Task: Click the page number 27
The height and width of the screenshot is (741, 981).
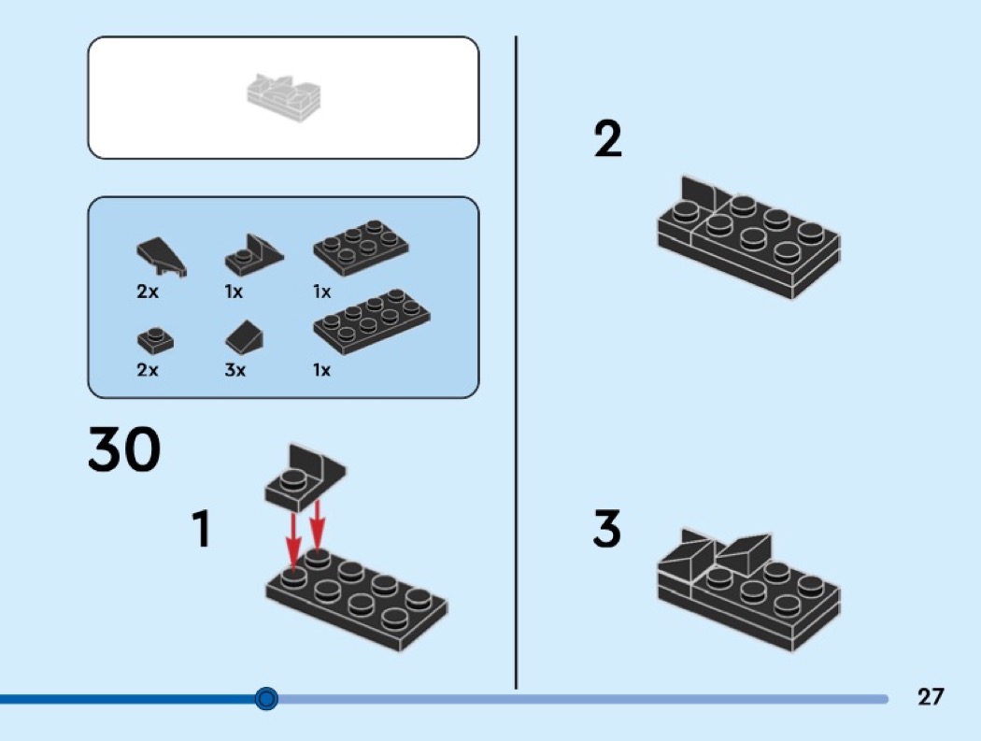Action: click(931, 697)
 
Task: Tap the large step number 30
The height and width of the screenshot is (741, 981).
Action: click(124, 451)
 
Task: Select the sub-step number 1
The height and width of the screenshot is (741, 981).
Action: click(201, 530)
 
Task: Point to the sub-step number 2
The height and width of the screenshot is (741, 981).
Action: click(607, 140)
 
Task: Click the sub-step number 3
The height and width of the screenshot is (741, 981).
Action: click(606, 530)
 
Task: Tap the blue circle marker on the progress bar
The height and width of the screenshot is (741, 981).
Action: click(267, 698)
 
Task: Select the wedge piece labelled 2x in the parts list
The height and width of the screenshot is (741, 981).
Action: click(162, 256)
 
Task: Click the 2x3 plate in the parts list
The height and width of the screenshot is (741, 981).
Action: click(360, 246)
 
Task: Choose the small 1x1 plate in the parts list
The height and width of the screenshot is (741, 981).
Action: click(154, 338)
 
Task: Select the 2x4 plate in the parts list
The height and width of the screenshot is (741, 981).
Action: click(372, 321)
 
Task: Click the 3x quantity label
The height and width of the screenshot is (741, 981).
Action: click(235, 370)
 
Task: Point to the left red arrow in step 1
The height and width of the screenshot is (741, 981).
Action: click(292, 537)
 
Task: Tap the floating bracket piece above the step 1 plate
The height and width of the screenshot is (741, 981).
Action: click(304, 476)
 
